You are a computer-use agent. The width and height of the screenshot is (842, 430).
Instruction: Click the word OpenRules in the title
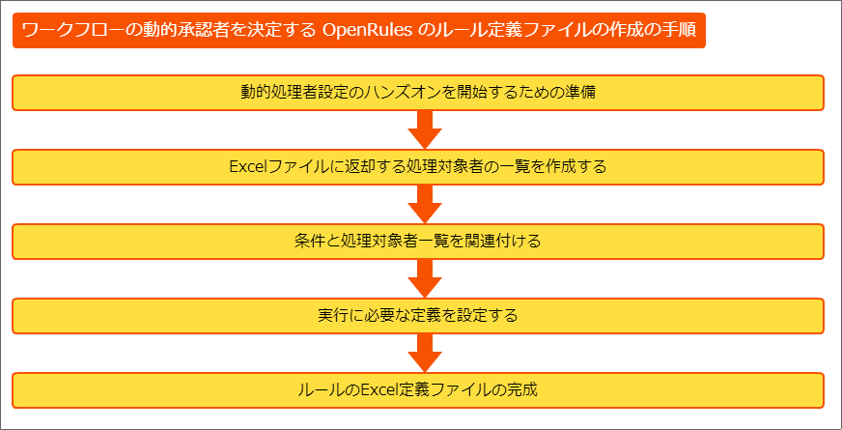[x=367, y=30]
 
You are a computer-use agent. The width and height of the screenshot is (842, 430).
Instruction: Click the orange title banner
[x=358, y=30]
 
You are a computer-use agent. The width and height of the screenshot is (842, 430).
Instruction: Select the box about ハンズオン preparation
[x=418, y=93]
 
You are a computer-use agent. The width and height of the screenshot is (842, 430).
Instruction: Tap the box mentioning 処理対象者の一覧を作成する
[x=418, y=167]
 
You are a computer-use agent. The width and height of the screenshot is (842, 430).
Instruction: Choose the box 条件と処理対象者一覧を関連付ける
[x=418, y=242]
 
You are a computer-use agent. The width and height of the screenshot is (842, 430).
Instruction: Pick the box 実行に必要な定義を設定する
[x=418, y=316]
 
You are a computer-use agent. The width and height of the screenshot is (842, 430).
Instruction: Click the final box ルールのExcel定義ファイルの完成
[x=418, y=389]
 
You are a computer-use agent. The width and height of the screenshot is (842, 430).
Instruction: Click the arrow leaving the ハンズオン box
[x=424, y=130]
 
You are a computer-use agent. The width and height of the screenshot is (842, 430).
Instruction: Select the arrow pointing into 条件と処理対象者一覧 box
[x=424, y=204]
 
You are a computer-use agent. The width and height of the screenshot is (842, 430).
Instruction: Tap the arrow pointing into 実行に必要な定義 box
[x=424, y=278]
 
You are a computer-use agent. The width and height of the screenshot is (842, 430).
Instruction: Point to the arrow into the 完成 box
[x=424, y=353]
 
